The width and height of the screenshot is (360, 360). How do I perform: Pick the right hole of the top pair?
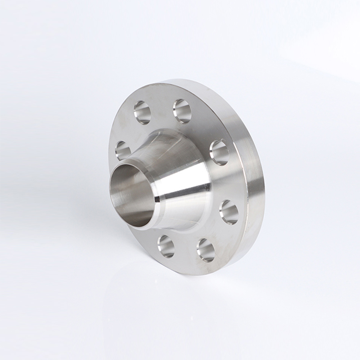tap(182, 111)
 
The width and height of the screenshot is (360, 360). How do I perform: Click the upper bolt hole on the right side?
tap(220, 152)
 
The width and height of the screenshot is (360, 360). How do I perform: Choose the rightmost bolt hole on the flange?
tap(229, 211)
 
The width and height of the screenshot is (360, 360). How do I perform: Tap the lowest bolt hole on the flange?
tap(206, 250)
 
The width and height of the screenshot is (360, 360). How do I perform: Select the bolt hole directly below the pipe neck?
tap(166, 246)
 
